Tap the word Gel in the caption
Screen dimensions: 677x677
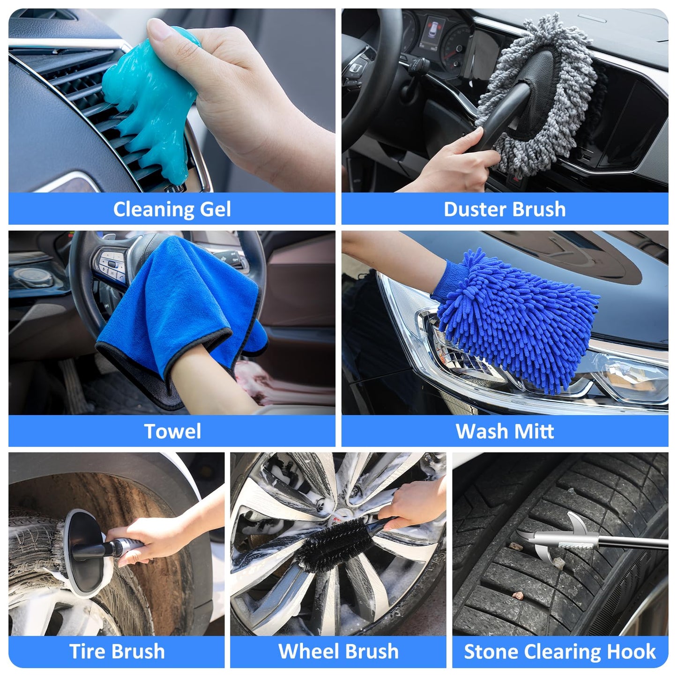[x=215, y=209]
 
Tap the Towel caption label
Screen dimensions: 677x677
[x=172, y=431]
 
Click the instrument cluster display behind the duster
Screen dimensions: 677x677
[x=432, y=33]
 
